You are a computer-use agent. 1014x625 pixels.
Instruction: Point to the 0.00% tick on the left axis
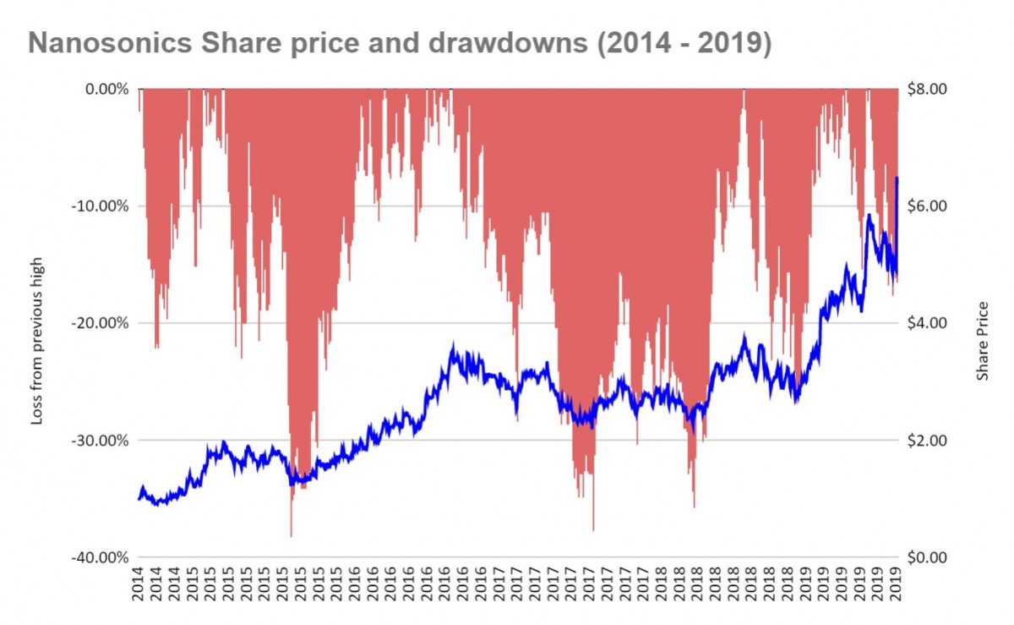[x=105, y=89]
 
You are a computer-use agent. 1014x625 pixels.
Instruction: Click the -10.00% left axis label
[x=101, y=206]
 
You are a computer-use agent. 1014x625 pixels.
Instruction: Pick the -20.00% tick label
[x=101, y=323]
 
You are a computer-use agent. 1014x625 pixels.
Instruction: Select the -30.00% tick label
[x=101, y=441]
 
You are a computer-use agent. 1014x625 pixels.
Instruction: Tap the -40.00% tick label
[x=101, y=558]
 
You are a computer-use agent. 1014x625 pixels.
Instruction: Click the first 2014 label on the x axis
[x=139, y=583]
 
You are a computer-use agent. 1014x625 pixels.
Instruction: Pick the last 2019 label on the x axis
[x=897, y=583]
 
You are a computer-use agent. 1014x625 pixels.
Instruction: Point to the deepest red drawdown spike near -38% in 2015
[x=291, y=535]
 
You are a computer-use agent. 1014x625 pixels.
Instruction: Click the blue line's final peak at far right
[x=897, y=178]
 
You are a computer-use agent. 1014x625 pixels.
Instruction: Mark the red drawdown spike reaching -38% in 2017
[x=593, y=529]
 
